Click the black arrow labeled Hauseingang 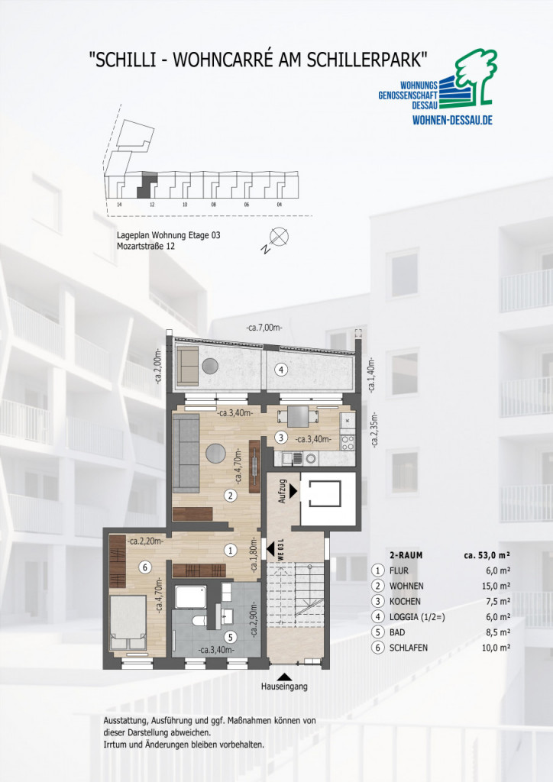pos(285,677)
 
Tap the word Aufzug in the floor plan pos(283,491)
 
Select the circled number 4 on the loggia pos(281,370)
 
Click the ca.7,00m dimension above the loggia pos(264,328)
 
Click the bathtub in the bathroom pos(190,597)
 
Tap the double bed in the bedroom pos(128,622)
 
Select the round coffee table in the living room pos(216,454)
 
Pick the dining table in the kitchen pos(297,416)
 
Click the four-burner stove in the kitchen pos(347,442)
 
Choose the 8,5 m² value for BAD pos(498,632)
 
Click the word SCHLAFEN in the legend pos(409,648)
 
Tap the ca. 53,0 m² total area pos(487,554)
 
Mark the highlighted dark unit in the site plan pos(146,184)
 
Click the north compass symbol pos(280,236)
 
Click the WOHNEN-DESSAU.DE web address pos(452,120)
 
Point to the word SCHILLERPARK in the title pos(367,60)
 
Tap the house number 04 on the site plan pos(280,205)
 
